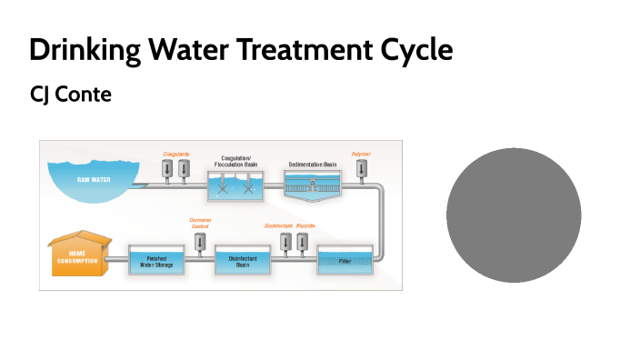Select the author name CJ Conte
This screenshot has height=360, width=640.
(71, 95)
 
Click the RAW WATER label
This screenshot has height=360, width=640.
(94, 179)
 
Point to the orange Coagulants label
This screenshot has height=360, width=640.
(175, 155)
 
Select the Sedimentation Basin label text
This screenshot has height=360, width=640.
(313, 164)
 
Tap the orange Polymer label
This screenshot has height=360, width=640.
(361, 155)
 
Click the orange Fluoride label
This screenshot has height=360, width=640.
(305, 225)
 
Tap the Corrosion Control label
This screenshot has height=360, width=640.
(200, 224)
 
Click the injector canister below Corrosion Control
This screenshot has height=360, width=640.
(200, 241)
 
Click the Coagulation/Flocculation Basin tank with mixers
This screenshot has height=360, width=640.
(235, 186)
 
